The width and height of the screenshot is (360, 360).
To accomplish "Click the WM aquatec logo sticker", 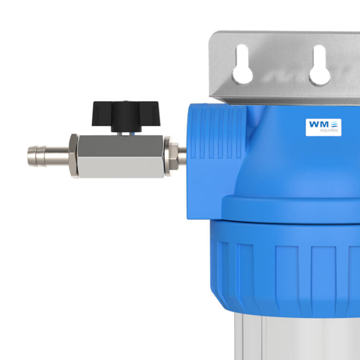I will [x=323, y=127].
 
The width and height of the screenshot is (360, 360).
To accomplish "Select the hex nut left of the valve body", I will [x=74, y=155].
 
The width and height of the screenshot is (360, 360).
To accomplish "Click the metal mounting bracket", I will [x=281, y=52].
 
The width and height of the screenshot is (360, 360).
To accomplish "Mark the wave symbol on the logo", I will [x=334, y=124].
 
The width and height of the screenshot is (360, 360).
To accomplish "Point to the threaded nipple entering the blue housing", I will [x=182, y=156].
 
